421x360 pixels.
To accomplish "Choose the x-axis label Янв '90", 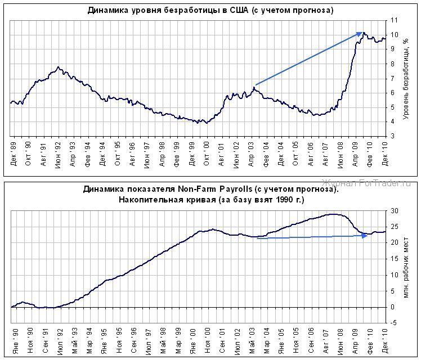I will [x=13, y=341].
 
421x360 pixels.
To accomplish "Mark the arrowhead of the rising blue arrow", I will [x=360, y=34].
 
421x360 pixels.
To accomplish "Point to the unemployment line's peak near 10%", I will [x=364, y=33].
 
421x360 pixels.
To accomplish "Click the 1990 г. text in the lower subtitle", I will [x=282, y=200].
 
